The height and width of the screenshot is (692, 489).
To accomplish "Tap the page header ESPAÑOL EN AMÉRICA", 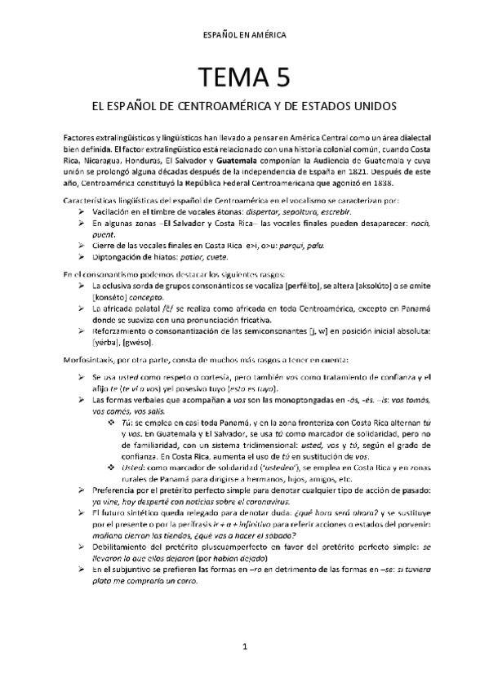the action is tap(244, 35).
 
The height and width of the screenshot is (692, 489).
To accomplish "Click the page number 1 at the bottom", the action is tap(244, 668).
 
